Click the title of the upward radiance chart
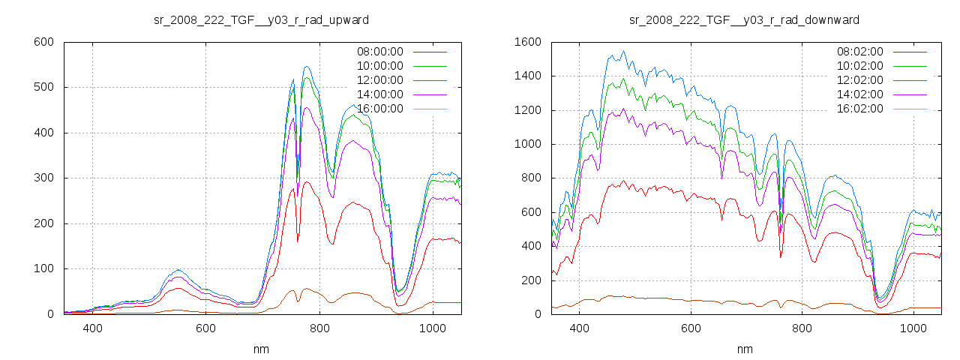(261, 19)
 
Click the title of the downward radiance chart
(744, 19)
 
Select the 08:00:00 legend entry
(379, 52)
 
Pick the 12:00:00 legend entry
(379, 80)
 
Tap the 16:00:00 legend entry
(379, 109)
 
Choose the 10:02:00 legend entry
(859, 66)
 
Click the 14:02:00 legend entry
(859, 94)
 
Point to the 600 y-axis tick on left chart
(43, 42)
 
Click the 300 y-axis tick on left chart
(43, 178)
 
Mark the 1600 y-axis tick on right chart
(527, 42)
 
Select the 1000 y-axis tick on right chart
(527, 144)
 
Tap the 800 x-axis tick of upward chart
(320, 328)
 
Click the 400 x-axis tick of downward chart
(579, 328)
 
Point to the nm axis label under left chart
(261, 349)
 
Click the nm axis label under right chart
(744, 349)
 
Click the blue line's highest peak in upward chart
(307, 67)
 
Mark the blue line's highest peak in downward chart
(623, 51)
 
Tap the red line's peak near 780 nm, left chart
(307, 181)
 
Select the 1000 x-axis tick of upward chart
(433, 328)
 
